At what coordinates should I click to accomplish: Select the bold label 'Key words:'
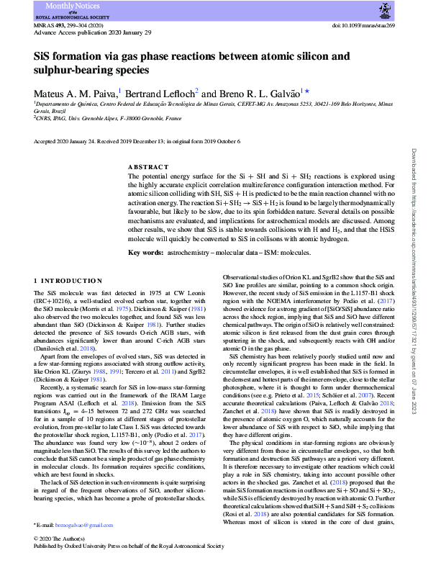[145, 253]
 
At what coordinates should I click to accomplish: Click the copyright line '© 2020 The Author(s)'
[65, 539]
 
